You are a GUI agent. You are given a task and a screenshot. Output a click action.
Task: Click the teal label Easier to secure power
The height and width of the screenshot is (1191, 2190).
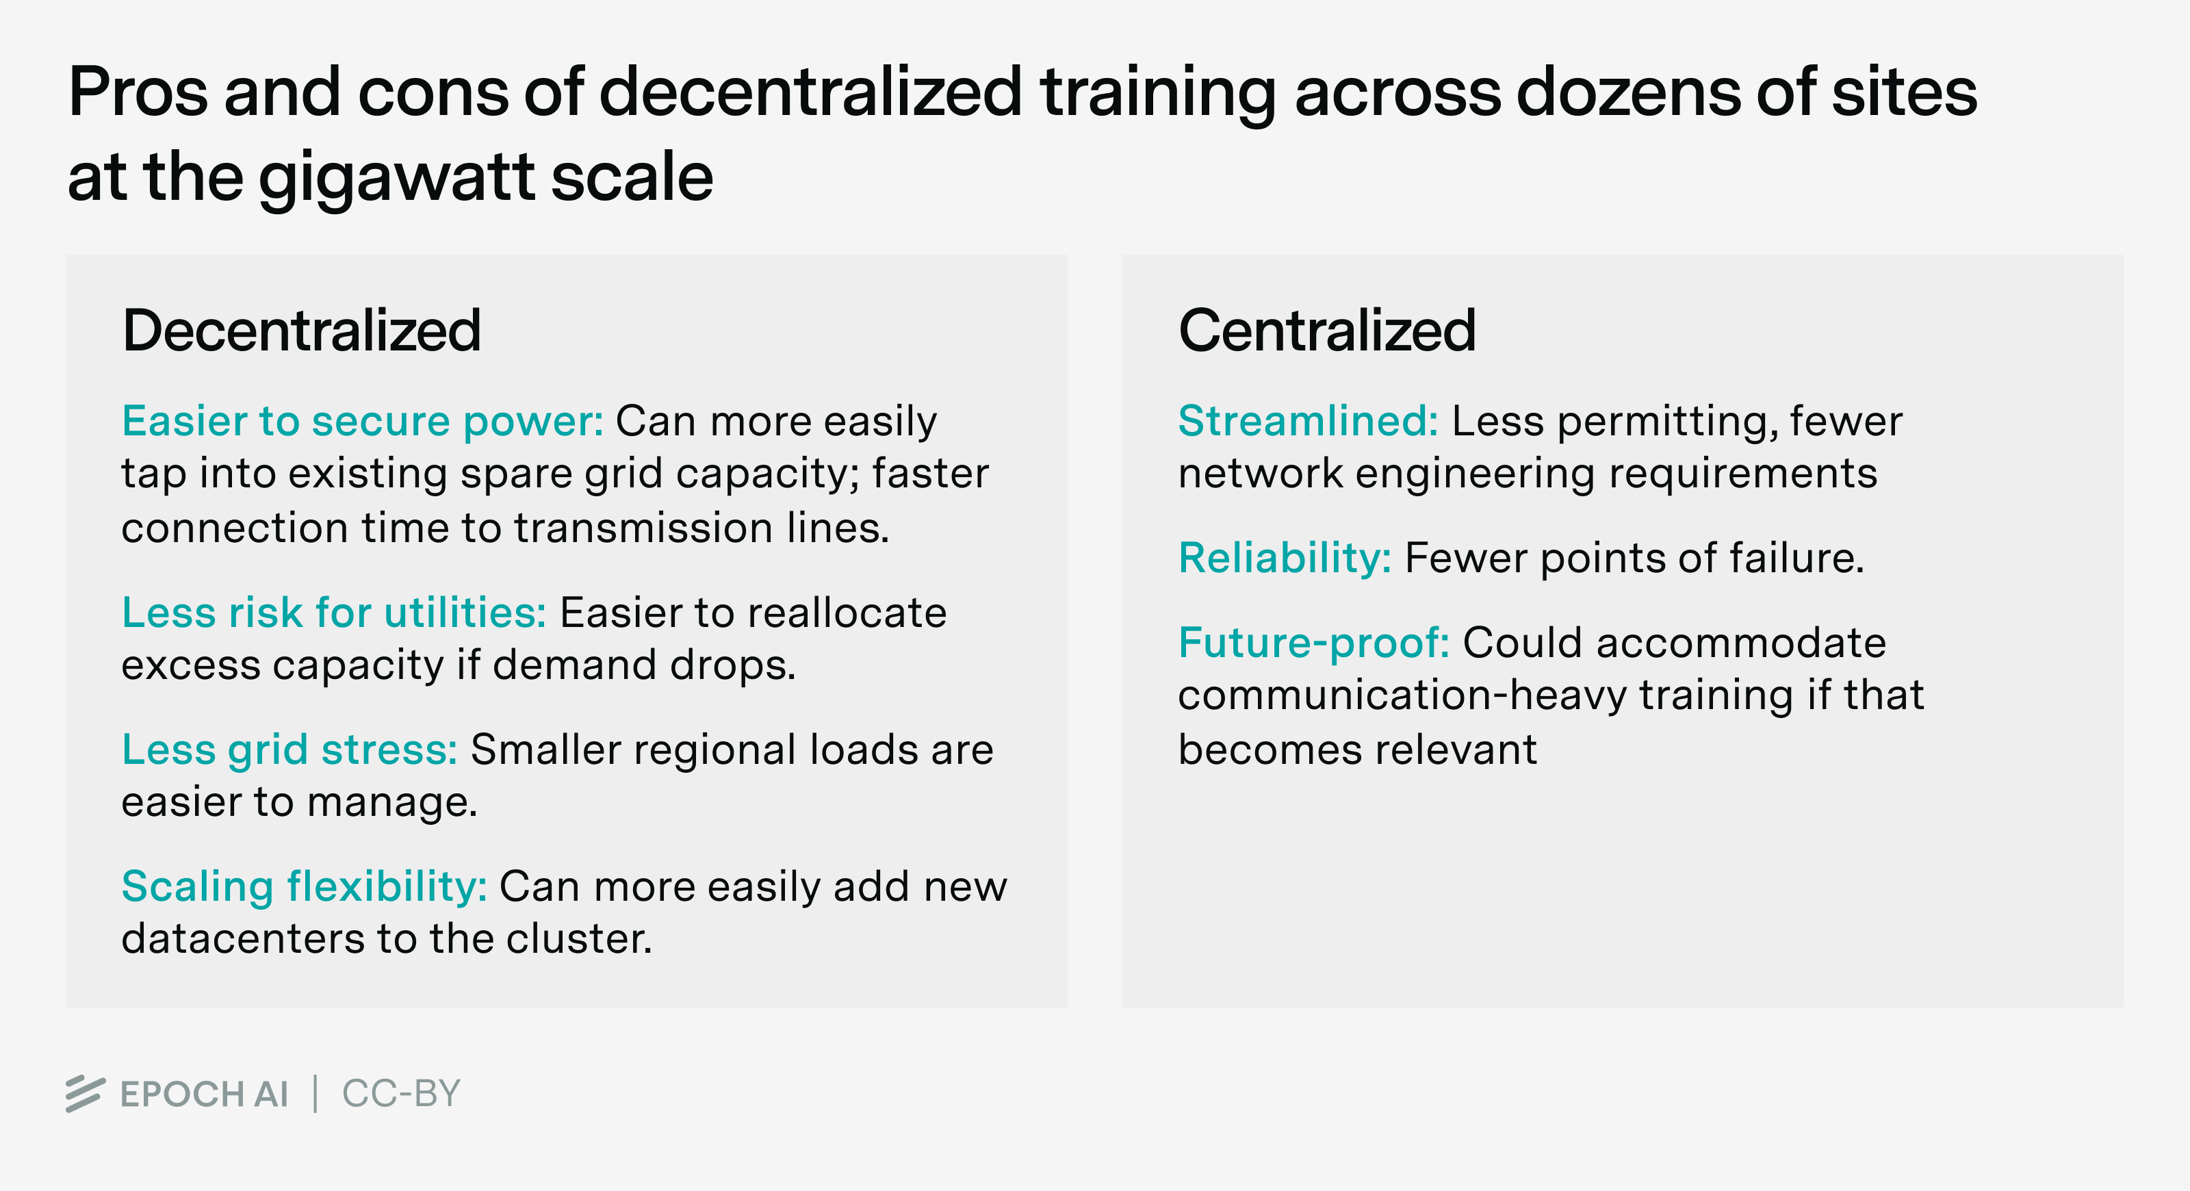pyautogui.click(x=362, y=421)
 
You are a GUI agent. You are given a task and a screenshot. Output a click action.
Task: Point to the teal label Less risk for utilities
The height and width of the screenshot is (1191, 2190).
pyautogui.click(x=334, y=612)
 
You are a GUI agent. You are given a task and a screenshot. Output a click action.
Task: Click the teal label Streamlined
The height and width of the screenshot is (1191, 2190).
pyautogui.click(x=1309, y=421)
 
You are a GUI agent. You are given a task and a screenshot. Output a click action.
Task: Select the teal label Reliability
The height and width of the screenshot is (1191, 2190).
pyautogui.click(x=1285, y=559)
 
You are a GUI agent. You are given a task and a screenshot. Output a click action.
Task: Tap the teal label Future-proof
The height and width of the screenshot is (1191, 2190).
pyautogui.click(x=1313, y=643)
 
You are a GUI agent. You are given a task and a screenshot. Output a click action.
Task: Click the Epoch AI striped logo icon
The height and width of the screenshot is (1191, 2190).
pyautogui.click(x=85, y=1093)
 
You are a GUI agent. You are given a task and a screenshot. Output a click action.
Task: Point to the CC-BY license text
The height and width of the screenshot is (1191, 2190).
pyautogui.click(x=400, y=1094)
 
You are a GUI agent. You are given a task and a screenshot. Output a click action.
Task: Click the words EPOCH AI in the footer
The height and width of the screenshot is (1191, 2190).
pyautogui.click(x=204, y=1094)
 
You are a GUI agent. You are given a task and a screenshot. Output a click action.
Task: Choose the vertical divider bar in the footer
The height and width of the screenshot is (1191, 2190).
pyautogui.click(x=315, y=1094)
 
